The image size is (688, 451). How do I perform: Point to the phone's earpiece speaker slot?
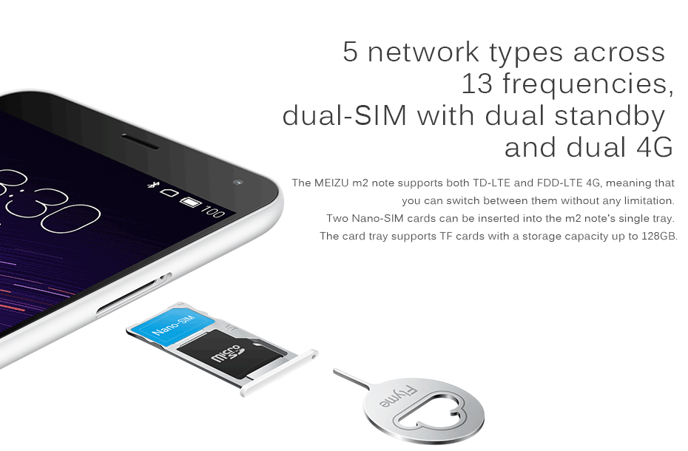[x=141, y=141]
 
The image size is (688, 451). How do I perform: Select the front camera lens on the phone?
[x=238, y=182]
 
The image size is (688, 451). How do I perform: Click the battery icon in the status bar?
[x=190, y=203]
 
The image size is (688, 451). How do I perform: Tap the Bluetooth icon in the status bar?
[x=152, y=186]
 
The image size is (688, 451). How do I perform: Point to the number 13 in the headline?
[x=477, y=84]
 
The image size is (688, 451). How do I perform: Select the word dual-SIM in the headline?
[x=345, y=116]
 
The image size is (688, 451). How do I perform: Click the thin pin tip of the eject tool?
[x=335, y=371]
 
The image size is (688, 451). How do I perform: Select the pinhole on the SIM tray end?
[x=312, y=356]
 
